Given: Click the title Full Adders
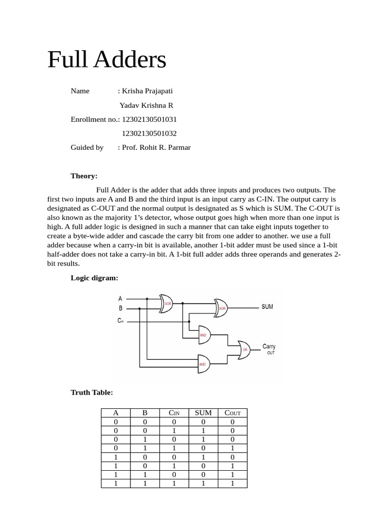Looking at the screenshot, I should [x=107, y=60].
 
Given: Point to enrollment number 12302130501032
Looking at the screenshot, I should [x=149, y=134].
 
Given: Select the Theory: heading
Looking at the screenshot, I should [x=84, y=176].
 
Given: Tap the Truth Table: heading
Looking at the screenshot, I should [x=91, y=392].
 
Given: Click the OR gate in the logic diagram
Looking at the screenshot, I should [x=243, y=349].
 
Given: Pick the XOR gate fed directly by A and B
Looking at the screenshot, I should [x=167, y=303].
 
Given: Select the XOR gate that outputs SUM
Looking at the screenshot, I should [x=221, y=308].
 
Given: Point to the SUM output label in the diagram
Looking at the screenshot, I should [x=267, y=307].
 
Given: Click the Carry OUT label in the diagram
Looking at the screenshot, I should [x=269, y=349].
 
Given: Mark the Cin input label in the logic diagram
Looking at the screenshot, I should [x=120, y=320].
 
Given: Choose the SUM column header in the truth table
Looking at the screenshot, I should [x=203, y=412].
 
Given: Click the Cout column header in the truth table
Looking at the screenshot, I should [x=233, y=412].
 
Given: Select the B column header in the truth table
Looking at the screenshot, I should [x=145, y=412].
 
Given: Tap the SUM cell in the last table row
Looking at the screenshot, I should [x=203, y=483].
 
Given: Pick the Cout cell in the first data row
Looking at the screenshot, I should [x=233, y=421].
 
